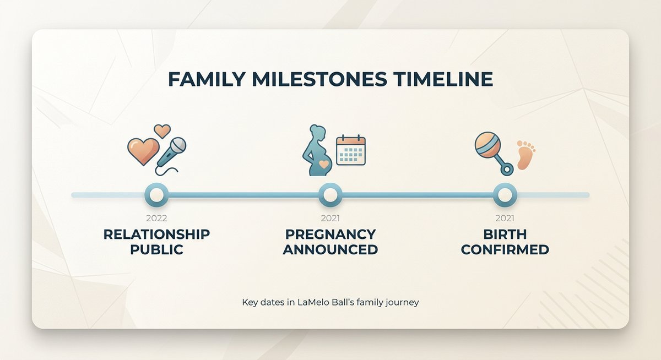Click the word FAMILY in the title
[205, 79]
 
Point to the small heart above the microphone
[162, 130]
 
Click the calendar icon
[351, 150]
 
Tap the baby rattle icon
[491, 153]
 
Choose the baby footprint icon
[525, 154]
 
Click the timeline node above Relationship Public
[156, 194]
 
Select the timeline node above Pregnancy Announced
[330, 194]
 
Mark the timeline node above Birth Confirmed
[505, 194]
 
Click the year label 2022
[156, 219]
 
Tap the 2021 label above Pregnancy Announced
[330, 219]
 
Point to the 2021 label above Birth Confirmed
[505, 219]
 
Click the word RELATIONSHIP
[156, 234]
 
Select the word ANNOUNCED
[330, 249]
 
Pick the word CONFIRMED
[505, 249]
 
